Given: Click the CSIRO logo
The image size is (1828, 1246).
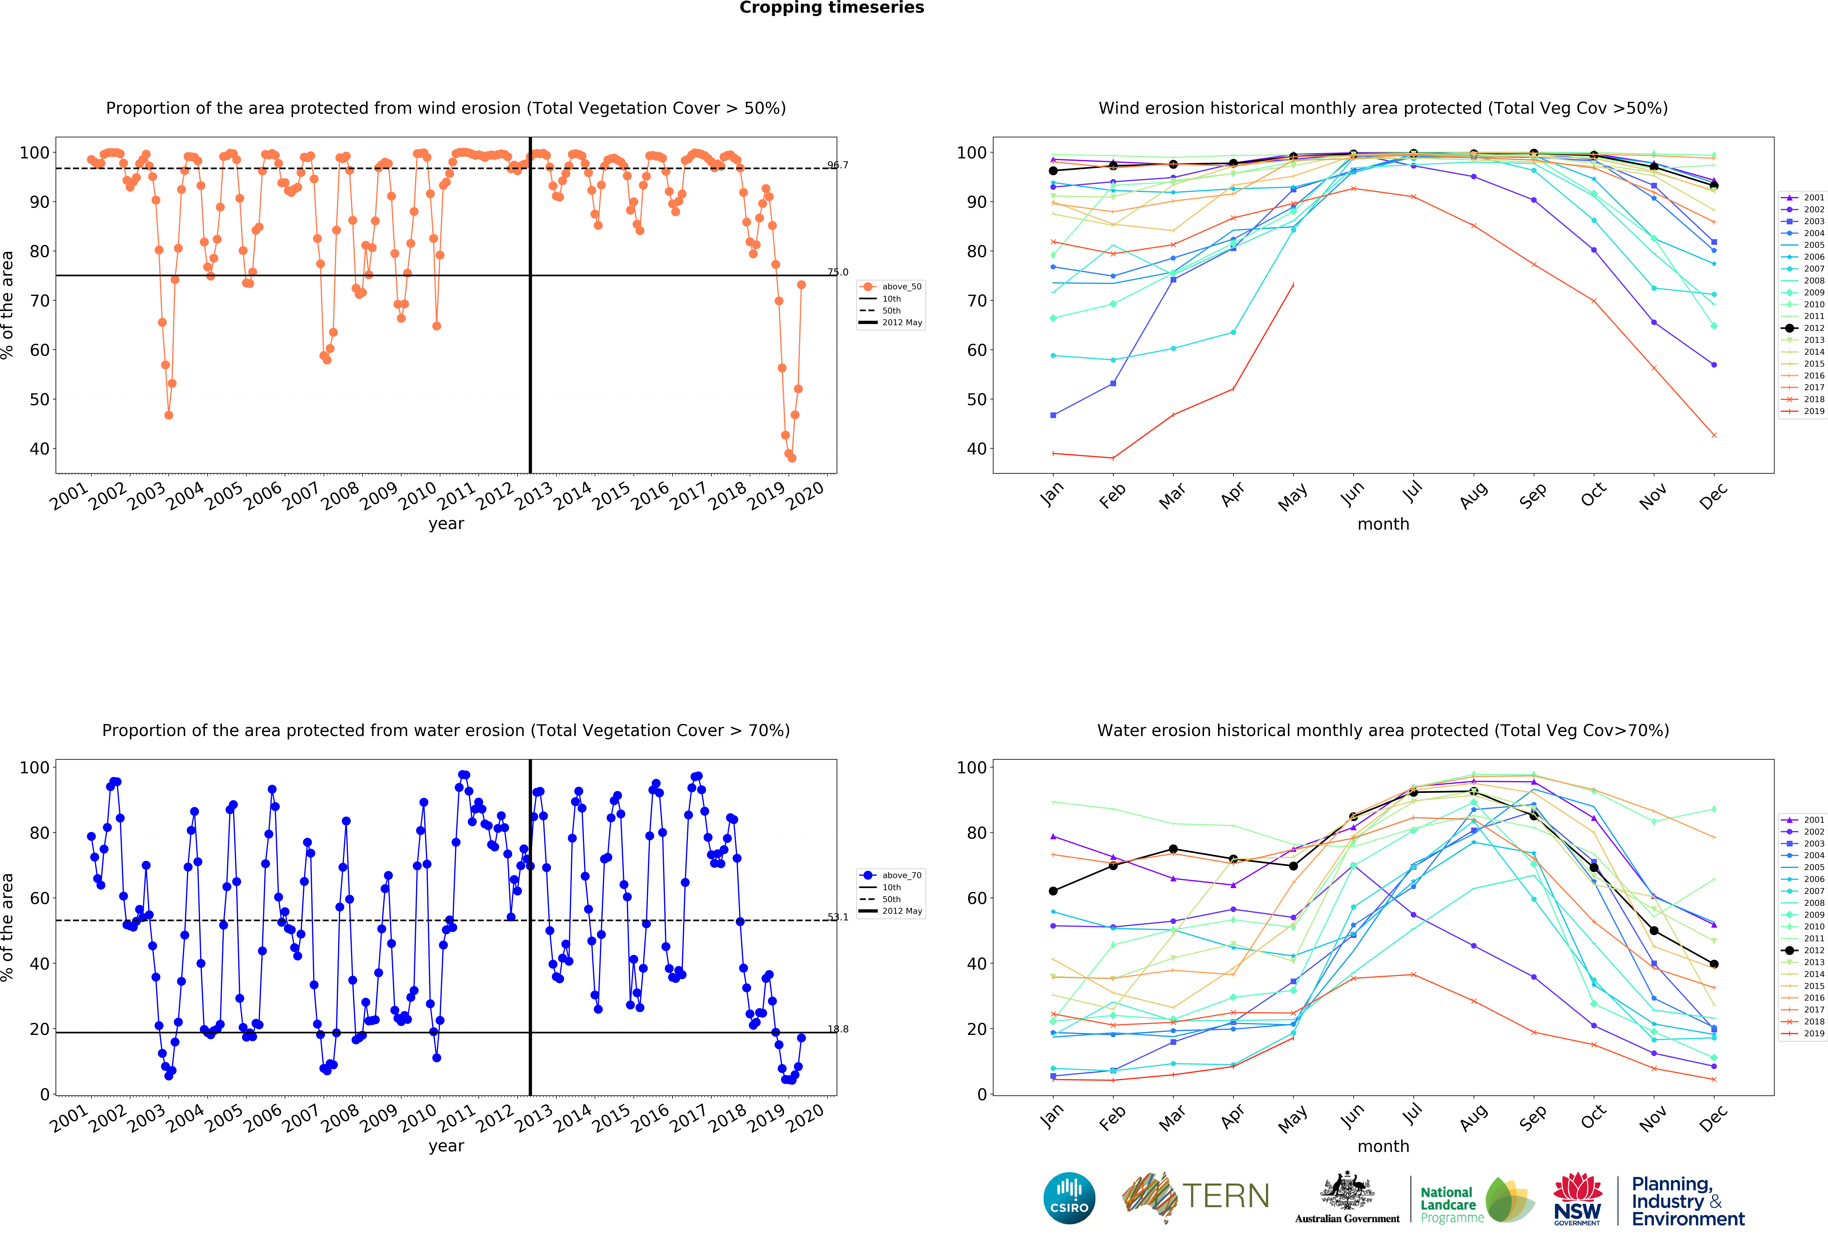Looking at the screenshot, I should coord(1069,1198).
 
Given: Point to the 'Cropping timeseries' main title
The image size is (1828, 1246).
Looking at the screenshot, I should coord(831,8).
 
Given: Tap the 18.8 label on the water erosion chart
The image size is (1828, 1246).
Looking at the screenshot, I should coord(838,1029).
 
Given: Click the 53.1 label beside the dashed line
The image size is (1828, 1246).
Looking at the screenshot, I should coord(838,917).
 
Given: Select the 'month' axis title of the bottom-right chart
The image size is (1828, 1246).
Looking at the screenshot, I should coord(1383,1146).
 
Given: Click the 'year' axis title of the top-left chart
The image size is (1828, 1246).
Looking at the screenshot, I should coord(446,524).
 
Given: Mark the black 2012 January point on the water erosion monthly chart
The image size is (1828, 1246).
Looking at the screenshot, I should coord(1053,891).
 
